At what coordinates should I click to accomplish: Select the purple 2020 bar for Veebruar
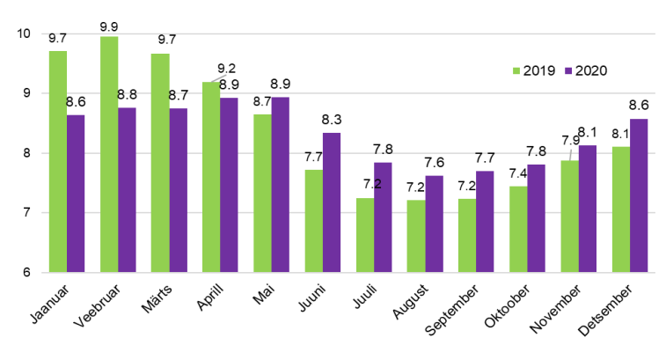[x=127, y=189]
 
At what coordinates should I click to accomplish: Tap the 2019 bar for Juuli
[x=364, y=235]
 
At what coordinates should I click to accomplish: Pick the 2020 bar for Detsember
[x=638, y=195]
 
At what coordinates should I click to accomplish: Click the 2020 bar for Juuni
[x=331, y=202]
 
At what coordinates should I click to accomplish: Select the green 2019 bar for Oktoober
[x=518, y=229]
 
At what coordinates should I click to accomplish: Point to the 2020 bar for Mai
[x=280, y=184]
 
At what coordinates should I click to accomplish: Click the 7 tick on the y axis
[x=26, y=212]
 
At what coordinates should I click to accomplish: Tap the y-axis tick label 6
[x=26, y=272]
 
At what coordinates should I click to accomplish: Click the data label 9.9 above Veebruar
[x=109, y=24]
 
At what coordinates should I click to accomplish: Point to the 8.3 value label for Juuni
[x=332, y=119]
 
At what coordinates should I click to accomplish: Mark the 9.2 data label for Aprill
[x=227, y=68]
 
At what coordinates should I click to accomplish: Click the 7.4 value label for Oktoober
[x=518, y=173]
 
